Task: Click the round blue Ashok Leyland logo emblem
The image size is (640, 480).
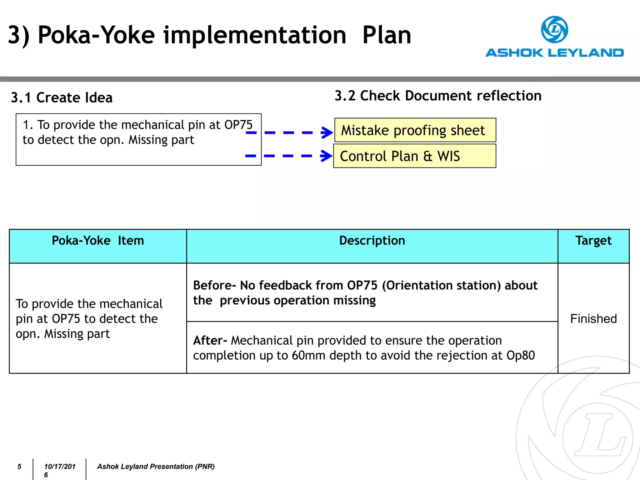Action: [x=554, y=30]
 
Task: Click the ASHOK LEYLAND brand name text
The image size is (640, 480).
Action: [x=554, y=53]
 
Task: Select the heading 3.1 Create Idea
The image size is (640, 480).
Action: [x=62, y=97]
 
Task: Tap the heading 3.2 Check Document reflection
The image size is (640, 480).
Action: [x=438, y=96]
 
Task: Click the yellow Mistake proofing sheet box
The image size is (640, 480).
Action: [x=415, y=130]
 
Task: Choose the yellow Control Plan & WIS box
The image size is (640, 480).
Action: [x=414, y=156]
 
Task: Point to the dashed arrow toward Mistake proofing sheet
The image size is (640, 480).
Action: [x=289, y=132]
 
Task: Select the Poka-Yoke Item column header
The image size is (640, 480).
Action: [x=98, y=241]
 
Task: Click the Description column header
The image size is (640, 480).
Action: [x=372, y=241]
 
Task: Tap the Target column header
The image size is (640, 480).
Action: [x=593, y=241]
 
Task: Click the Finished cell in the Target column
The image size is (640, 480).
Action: [x=593, y=319]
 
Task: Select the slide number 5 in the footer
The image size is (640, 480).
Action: [x=19, y=467]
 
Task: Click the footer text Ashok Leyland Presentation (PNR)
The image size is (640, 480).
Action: [x=156, y=467]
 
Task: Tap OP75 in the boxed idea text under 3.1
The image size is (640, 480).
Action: [x=238, y=125]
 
